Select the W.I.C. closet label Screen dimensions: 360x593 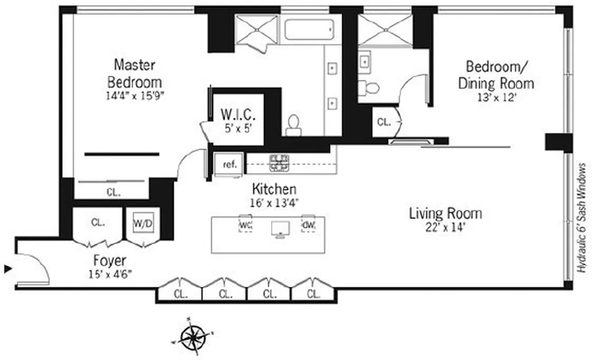[236, 113]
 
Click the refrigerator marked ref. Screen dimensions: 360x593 [229, 164]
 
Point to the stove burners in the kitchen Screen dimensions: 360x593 [279, 163]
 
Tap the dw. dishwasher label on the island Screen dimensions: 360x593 [308, 224]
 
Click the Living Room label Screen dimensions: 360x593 [445, 213]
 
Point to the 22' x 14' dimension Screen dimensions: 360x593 [445, 227]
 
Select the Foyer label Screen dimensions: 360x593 [109, 260]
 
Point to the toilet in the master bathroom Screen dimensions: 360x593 [293, 125]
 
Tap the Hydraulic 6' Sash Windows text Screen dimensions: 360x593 [582, 218]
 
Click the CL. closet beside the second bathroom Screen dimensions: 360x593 [383, 121]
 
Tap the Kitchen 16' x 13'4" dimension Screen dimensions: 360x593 [274, 202]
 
